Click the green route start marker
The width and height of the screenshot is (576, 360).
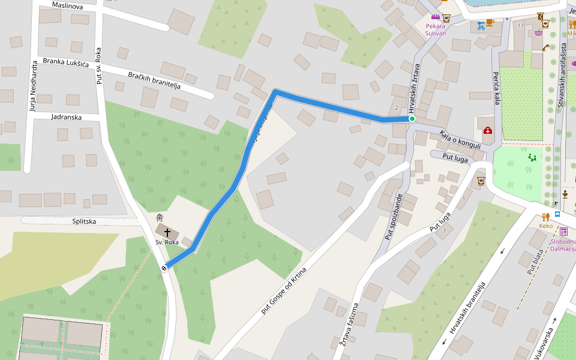pyautogui.click(x=412, y=119)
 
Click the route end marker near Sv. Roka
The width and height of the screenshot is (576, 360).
pyautogui.click(x=164, y=268)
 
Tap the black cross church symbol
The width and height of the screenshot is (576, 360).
pyautogui.click(x=167, y=232)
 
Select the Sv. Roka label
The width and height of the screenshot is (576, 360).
pyautogui.click(x=167, y=242)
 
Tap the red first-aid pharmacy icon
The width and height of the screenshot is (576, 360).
pyautogui.click(x=488, y=130)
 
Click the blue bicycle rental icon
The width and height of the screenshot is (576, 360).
pyautogui.click(x=481, y=26)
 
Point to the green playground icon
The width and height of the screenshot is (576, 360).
pyautogui.click(x=532, y=158)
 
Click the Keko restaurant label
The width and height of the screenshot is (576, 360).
pyautogui.click(x=545, y=226)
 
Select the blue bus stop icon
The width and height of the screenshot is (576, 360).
pyautogui.click(x=557, y=214)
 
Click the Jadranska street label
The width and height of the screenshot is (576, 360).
pyautogui.click(x=67, y=117)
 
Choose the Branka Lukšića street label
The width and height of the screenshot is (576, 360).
pyautogui.click(x=66, y=63)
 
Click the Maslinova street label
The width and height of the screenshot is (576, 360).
pyautogui.click(x=67, y=5)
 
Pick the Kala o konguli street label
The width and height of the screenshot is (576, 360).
pyautogui.click(x=460, y=140)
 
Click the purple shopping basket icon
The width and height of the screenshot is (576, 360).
pyautogui.click(x=538, y=33)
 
